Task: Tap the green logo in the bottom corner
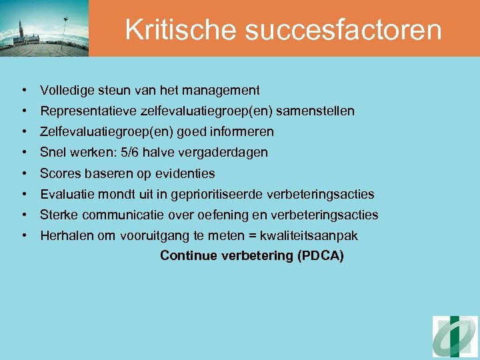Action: click(x=455, y=337)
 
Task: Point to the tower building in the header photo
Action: click(x=21, y=33)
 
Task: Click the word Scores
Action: click(x=58, y=173)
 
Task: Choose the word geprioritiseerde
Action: click(x=217, y=195)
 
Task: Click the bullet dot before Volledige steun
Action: click(x=23, y=90)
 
